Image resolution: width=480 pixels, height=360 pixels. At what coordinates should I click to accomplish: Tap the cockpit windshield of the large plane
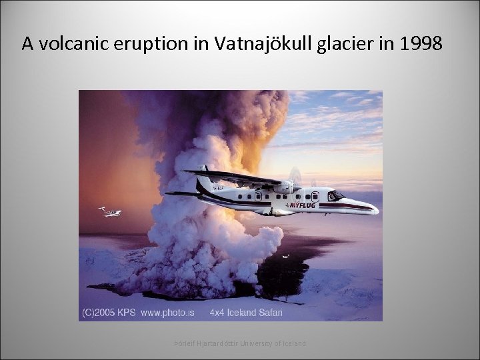coord(336,196)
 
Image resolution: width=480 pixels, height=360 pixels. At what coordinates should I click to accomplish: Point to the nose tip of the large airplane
coord(377,210)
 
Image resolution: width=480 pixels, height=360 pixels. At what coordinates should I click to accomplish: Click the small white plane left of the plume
coord(110,212)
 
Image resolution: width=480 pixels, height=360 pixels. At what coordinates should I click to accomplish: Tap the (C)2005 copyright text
coord(101,312)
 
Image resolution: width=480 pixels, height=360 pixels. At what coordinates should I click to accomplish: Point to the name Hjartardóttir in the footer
coord(211,343)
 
